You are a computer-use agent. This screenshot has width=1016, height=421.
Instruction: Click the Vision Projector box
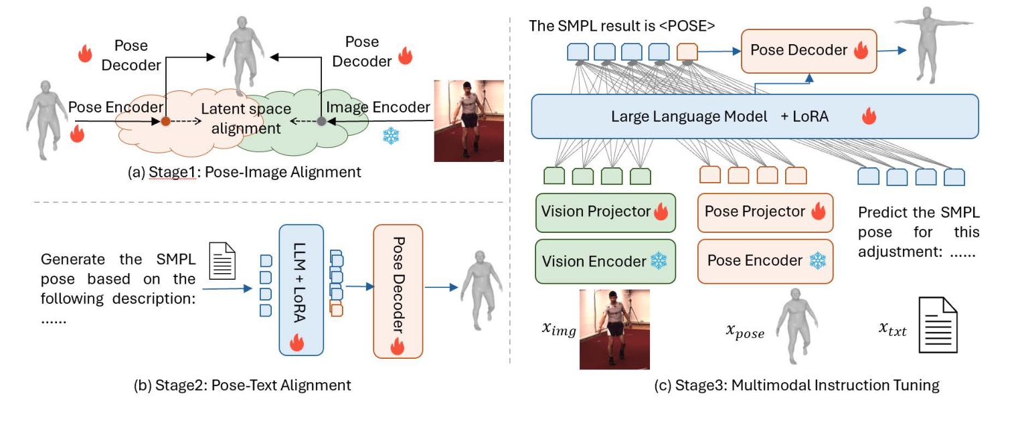click(606, 212)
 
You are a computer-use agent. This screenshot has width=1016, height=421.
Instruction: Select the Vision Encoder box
click(606, 260)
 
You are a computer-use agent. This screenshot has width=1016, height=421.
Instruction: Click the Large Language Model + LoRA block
click(754, 116)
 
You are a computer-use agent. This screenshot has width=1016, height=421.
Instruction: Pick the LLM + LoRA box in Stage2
click(301, 290)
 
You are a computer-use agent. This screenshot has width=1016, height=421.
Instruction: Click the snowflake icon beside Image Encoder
click(390, 136)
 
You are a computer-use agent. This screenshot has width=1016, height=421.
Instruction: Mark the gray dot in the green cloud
click(321, 121)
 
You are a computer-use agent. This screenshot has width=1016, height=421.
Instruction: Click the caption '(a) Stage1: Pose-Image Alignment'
click(244, 172)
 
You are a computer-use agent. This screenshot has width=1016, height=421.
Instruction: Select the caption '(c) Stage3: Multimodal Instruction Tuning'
click(797, 385)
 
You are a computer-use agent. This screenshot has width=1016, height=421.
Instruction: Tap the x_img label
click(558, 329)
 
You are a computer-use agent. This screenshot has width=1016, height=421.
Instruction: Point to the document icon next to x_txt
click(938, 324)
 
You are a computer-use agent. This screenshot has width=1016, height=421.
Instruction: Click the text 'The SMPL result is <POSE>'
click(622, 27)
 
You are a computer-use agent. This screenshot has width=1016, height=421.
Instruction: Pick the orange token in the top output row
click(687, 52)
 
